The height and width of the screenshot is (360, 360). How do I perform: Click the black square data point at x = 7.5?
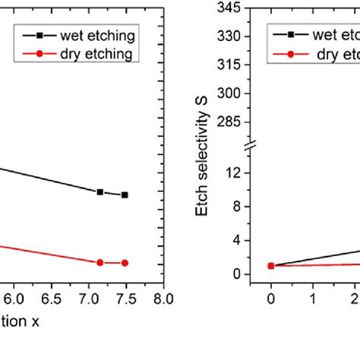coord(125,195)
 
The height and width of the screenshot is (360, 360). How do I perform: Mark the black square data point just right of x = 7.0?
coord(100,192)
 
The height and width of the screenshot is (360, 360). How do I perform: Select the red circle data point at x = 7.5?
coord(125,263)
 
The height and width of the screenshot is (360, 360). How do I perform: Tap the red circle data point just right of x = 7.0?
coord(100,262)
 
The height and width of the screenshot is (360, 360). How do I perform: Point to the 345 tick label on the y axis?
coord(229,8)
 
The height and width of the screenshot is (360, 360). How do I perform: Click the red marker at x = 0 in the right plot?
coord(271,266)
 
